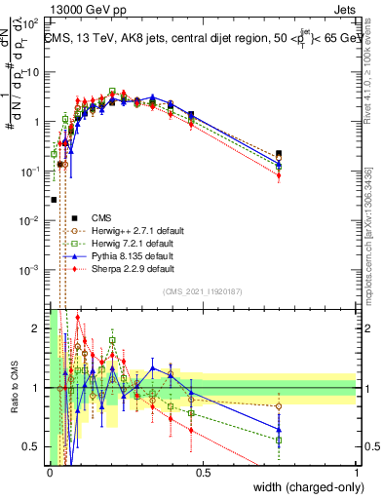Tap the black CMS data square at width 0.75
[279, 154]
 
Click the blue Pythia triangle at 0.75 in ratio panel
[279, 429]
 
